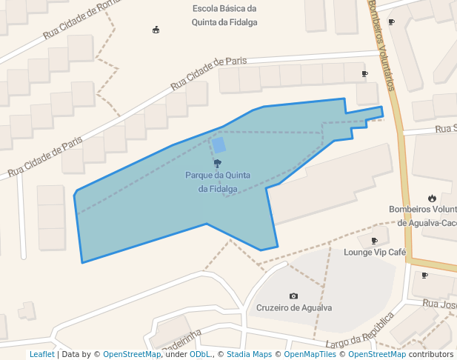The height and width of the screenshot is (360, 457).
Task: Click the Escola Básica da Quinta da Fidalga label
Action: pos(224,15)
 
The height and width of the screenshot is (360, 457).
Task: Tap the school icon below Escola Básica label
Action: pos(156,30)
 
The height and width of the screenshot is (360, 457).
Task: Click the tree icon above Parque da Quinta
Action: pos(218,163)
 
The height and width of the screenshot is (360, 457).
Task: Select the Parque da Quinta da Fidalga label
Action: pos(218,181)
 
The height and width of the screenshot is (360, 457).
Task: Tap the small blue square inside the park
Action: pos(219,145)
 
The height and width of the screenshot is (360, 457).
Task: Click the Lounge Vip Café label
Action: pos(375,252)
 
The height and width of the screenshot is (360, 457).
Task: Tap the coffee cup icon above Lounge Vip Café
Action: pos(374,241)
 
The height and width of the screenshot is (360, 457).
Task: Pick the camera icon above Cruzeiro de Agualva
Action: pos(294,296)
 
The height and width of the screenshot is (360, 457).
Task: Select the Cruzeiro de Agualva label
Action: pos(294,307)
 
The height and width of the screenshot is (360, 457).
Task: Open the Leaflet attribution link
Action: pos(41,354)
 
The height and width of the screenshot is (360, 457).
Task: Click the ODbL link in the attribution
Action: pos(200,354)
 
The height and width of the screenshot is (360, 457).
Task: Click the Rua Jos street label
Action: pos(438,304)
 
